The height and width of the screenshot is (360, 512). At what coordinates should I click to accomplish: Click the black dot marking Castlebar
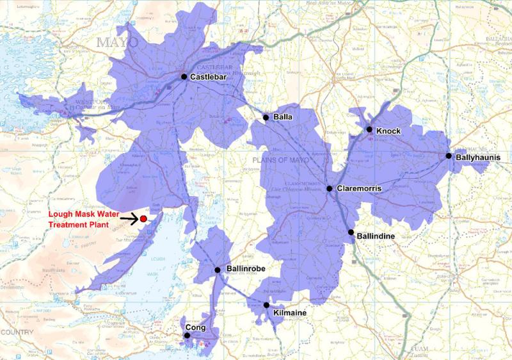[184, 77]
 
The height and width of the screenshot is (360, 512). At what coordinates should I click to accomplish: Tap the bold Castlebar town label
[210, 78]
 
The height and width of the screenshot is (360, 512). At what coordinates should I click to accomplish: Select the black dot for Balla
[266, 118]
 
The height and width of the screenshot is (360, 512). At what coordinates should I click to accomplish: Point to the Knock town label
[388, 131]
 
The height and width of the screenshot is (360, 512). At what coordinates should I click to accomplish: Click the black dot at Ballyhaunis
[449, 156]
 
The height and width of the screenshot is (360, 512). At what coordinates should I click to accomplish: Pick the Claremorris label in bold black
[359, 189]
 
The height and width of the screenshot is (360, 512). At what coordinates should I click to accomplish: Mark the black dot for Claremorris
[329, 189]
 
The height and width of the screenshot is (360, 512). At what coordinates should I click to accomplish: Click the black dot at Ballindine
[351, 232]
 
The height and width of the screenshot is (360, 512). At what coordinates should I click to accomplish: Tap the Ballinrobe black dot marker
[218, 270]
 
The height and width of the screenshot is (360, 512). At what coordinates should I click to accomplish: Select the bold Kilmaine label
[290, 313]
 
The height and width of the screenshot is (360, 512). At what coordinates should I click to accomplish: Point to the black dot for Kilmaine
[266, 305]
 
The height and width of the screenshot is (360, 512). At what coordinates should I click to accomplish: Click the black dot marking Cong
[187, 335]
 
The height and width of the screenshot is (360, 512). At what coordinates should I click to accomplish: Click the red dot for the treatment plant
[143, 218]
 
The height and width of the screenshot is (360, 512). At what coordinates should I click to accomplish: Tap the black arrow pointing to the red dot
[130, 219]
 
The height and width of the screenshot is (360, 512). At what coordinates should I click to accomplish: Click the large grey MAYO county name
[117, 42]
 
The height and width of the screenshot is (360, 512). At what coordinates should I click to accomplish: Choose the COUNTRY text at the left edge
[16, 332]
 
